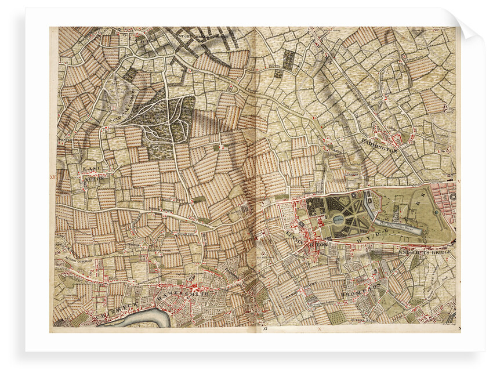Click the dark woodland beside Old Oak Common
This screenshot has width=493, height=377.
pos(165,119)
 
